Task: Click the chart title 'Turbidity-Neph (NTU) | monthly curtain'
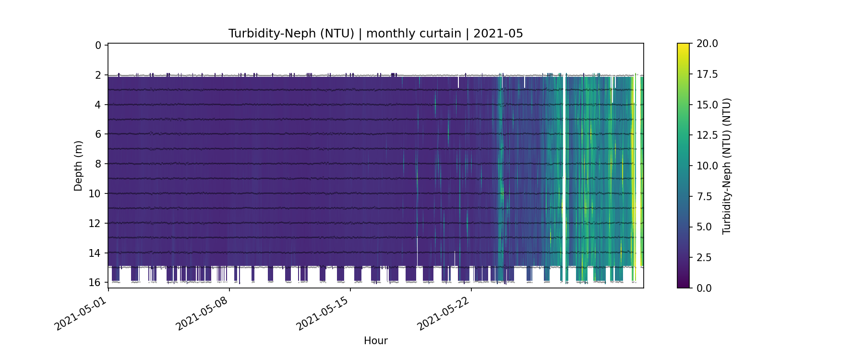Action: click(x=375, y=34)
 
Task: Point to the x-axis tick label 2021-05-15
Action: click(x=322, y=314)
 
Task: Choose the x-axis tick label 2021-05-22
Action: click(x=443, y=314)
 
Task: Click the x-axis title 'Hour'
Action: click(x=375, y=341)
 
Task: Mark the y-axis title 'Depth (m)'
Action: click(x=78, y=166)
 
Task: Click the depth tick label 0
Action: click(x=98, y=46)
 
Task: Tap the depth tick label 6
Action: click(x=98, y=134)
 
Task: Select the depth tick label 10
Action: click(x=96, y=194)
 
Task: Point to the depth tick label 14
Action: click(x=96, y=253)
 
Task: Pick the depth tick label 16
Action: click(x=96, y=282)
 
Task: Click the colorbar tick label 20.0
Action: click(x=707, y=44)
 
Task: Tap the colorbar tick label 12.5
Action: click(x=707, y=135)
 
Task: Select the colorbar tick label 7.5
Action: click(x=704, y=196)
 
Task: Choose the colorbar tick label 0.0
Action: click(x=704, y=288)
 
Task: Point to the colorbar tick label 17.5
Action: click(x=707, y=74)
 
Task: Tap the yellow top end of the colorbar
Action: click(x=683, y=46)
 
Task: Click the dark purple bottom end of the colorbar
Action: click(x=683, y=286)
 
